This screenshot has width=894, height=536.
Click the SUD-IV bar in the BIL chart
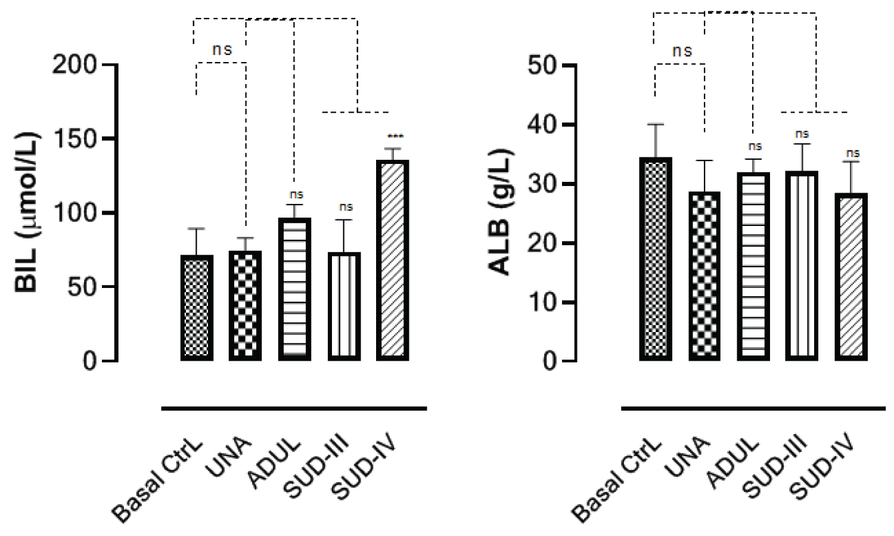pyautogui.click(x=393, y=260)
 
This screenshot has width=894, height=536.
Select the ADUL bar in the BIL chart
pyautogui.click(x=294, y=289)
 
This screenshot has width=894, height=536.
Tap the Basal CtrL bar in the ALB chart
pyautogui.click(x=656, y=259)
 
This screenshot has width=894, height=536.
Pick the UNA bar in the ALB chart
pyautogui.click(x=704, y=277)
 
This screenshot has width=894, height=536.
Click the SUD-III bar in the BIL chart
pyautogui.click(x=343, y=306)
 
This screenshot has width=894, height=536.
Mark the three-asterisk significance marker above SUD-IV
pyautogui.click(x=395, y=137)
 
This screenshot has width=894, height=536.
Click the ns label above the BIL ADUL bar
pyautogui.click(x=296, y=195)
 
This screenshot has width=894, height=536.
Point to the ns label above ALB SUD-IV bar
pyautogui.click(x=852, y=154)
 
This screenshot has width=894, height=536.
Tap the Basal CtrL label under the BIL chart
pyautogui.click(x=159, y=482)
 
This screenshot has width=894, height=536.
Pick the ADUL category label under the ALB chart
pyautogui.click(x=733, y=464)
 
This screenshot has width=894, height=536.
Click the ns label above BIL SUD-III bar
pyautogui.click(x=346, y=207)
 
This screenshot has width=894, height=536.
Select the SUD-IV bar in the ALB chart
pyautogui.click(x=851, y=277)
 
